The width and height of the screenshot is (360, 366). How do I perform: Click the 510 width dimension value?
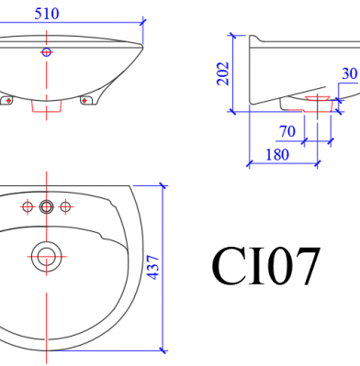tap(47, 14)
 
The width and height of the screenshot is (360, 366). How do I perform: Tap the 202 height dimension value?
tap(223, 73)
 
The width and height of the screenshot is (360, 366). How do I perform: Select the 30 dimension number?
tap(349, 73)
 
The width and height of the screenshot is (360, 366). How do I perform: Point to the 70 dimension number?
tap(287, 131)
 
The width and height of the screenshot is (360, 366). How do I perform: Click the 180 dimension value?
tap(277, 155)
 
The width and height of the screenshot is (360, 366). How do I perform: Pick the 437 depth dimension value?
tap(153, 267)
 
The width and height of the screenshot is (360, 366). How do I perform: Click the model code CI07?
tap(266, 266)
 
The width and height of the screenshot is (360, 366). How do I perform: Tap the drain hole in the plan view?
tap(47, 256)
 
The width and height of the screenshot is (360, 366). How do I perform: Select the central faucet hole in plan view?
tap(47, 207)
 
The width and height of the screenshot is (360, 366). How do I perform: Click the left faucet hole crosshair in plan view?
tap(28, 207)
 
